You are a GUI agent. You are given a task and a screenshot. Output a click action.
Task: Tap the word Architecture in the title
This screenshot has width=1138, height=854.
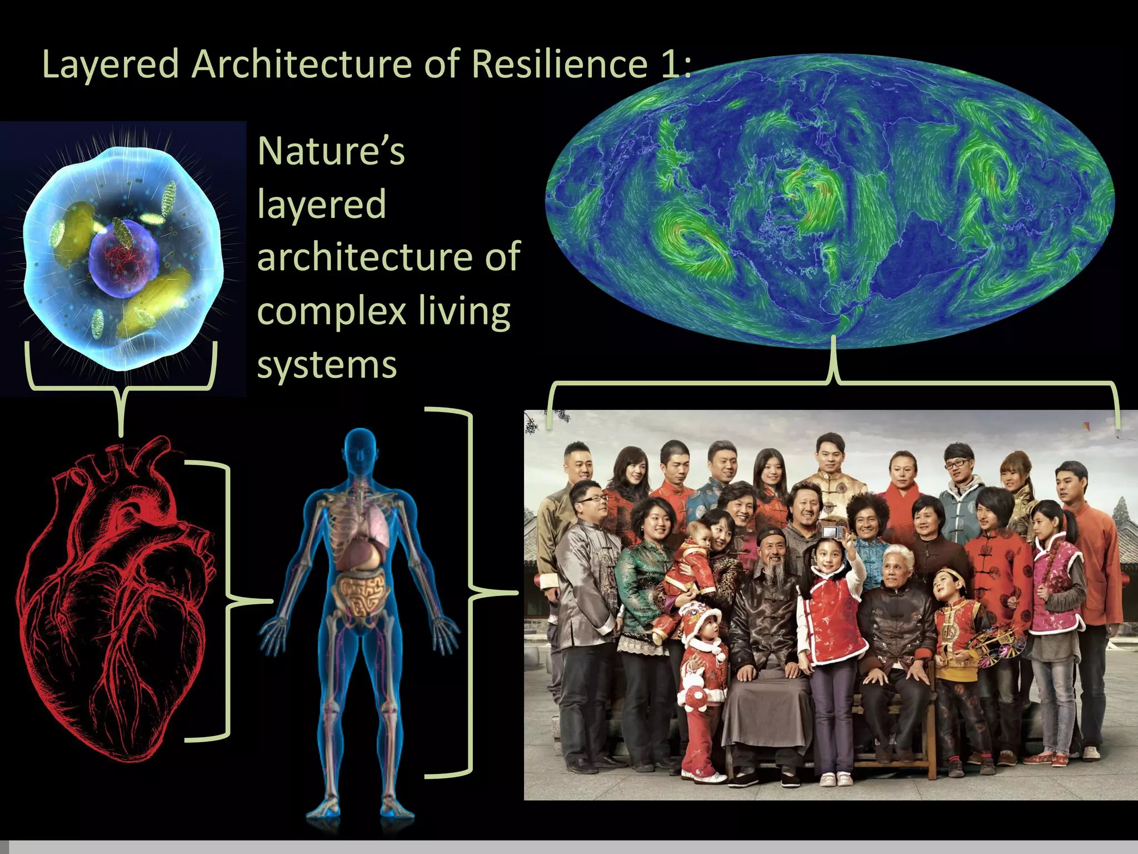point(302,64)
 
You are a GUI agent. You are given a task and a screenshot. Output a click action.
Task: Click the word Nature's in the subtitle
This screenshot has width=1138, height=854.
point(331,151)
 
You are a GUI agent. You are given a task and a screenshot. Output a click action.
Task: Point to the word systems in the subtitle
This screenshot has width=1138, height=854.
point(327,365)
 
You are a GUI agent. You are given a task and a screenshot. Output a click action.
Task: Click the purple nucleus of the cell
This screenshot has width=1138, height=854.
point(123,259)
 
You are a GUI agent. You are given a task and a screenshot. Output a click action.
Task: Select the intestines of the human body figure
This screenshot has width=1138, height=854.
point(361,595)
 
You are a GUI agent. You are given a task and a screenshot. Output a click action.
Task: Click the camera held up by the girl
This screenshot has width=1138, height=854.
point(830,532)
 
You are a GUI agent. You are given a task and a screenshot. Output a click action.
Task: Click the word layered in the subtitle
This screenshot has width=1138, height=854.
point(321,205)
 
